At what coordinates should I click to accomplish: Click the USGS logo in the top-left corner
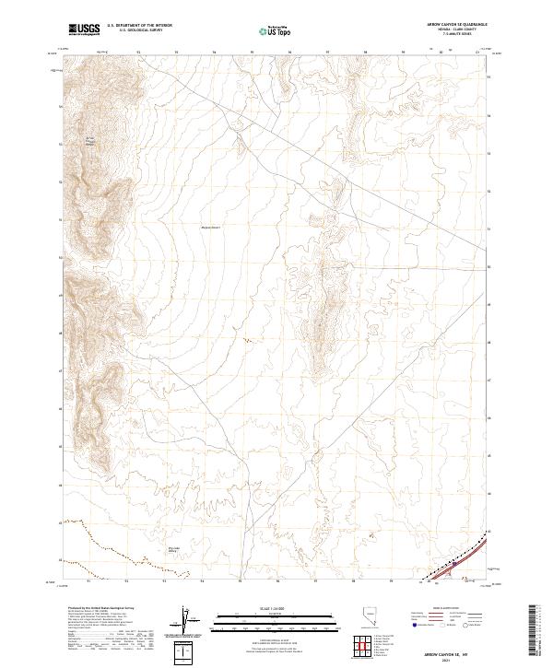[x=84, y=29]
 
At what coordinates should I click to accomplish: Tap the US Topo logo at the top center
[x=267, y=31]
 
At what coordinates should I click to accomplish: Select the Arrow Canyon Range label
[x=90, y=142]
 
